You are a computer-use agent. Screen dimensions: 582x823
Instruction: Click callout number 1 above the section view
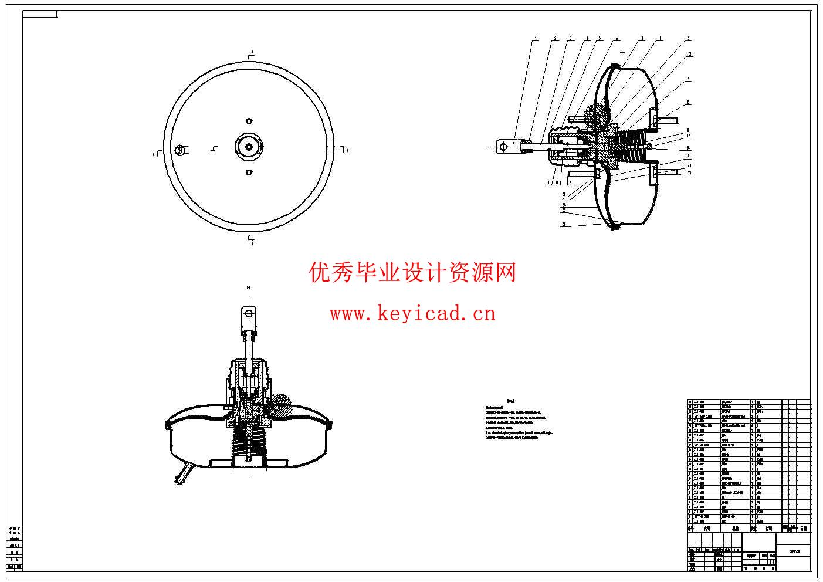536,38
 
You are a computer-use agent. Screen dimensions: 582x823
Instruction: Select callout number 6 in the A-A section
617,38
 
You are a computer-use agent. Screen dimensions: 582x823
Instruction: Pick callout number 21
690,172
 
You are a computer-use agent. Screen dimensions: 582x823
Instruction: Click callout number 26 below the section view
564,224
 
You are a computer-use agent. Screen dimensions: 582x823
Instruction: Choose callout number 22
564,194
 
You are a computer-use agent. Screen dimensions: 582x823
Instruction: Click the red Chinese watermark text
412,272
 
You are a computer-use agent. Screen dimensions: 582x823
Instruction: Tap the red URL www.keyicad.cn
412,314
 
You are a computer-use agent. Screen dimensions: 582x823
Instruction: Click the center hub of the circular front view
249,146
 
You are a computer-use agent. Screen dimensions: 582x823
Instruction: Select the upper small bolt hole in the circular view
249,121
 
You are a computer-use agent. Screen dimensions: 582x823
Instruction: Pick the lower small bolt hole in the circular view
249,172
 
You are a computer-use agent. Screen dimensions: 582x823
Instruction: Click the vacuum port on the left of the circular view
180,150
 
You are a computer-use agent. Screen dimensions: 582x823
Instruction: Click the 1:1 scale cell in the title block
773,561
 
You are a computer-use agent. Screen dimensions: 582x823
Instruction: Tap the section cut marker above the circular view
250,55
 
